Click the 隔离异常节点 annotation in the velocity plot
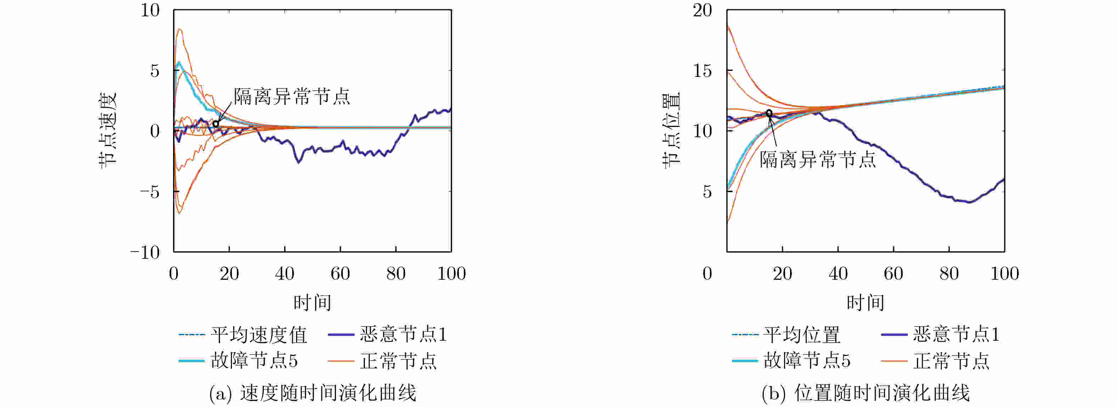[292, 96]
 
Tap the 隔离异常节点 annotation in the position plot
[817, 160]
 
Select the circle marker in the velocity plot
[216, 124]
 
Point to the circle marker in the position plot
[769, 113]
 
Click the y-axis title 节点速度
[107, 130]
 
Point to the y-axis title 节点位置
[671, 130]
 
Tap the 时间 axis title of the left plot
[312, 302]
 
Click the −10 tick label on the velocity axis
[145, 252]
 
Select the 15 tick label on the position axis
[702, 71]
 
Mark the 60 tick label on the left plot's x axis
[340, 273]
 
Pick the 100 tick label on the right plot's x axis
[1004, 273]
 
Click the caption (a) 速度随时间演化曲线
[312, 393]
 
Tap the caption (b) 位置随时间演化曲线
[866, 393]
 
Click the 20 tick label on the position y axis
[702, 10]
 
